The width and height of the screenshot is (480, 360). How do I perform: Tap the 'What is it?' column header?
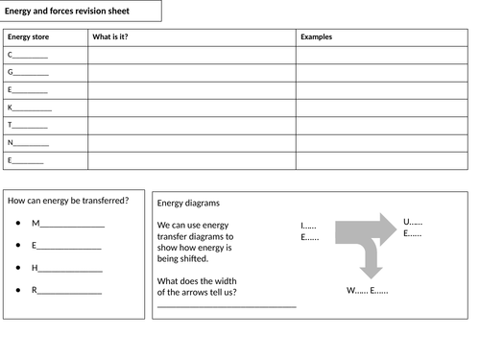[110, 37]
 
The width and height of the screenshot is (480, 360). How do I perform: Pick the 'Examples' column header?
[317, 37]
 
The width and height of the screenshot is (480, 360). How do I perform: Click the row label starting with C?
[27, 55]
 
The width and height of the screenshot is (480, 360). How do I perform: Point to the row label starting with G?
[27, 72]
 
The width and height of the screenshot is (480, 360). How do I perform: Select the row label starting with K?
[29, 108]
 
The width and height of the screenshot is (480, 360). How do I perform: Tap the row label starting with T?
[27, 125]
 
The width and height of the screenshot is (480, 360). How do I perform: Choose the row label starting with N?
[27, 143]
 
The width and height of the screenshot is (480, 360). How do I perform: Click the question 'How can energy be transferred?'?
[68, 201]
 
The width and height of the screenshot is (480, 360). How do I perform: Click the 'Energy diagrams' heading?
[188, 204]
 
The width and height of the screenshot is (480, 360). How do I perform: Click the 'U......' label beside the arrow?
[413, 222]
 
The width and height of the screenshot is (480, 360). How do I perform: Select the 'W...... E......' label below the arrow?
[367, 290]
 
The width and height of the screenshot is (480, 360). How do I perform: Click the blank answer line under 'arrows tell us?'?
[227, 306]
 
